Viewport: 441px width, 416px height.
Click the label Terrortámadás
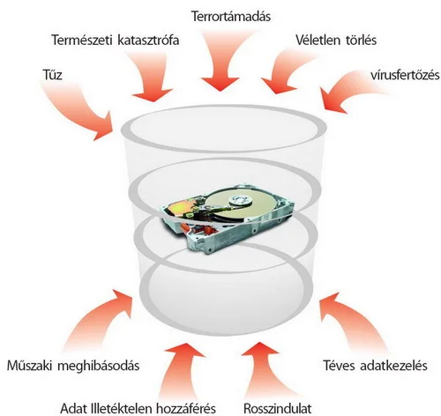pos(231,16)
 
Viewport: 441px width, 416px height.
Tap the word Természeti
pos(82,40)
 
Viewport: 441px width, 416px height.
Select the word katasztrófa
pos(148,40)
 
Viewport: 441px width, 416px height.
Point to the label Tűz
pos(52,75)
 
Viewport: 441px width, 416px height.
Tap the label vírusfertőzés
pos(405,75)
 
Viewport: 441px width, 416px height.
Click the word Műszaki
pos(30,366)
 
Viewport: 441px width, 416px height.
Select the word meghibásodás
pos(99,366)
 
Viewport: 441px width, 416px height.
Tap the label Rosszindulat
pos(277,408)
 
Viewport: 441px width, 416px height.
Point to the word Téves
pos(340,366)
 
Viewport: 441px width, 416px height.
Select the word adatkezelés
pos(393,366)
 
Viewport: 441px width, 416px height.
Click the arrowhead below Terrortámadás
pos(220,84)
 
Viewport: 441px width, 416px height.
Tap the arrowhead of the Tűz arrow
pos(104,126)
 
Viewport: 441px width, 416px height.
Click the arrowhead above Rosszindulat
pos(259,349)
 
